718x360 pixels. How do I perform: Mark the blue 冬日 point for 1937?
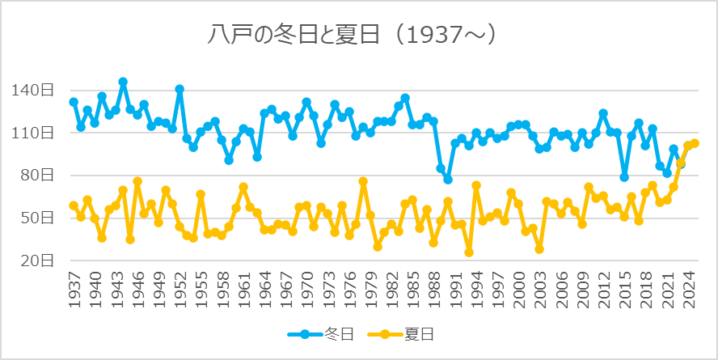(x=74, y=102)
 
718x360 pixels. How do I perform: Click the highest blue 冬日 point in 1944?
(x=123, y=82)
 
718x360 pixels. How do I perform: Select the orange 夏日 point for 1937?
(x=74, y=205)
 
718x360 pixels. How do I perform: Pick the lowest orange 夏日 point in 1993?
(x=469, y=252)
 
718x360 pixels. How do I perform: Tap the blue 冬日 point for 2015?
(x=624, y=177)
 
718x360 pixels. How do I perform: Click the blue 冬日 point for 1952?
(x=179, y=89)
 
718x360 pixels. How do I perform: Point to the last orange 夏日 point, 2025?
(x=695, y=143)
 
